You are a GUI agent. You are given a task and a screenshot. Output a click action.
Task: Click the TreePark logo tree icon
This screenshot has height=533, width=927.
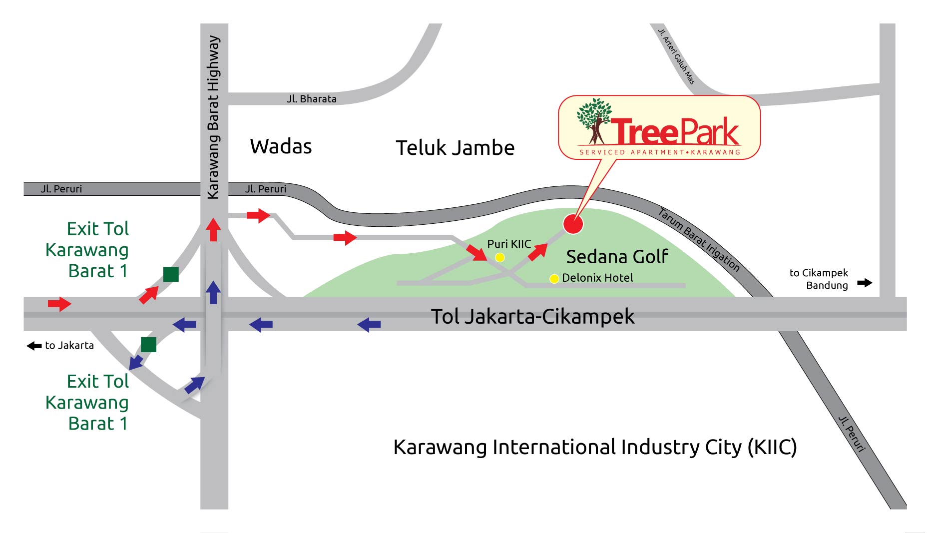tap(594, 120)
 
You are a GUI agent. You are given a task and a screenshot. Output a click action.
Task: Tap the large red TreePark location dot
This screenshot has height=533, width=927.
tap(573, 224)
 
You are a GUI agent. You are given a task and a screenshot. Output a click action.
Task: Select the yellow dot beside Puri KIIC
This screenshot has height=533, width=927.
tap(499, 257)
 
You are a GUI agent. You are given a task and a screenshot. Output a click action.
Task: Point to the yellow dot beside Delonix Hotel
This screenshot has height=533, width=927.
tap(554, 279)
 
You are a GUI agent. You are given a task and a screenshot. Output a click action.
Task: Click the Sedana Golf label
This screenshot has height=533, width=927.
tap(617, 257)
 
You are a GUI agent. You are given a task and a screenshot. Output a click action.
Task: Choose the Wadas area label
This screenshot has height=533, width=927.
tap(281, 147)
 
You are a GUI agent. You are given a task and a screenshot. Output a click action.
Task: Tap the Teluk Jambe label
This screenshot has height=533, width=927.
tap(455, 148)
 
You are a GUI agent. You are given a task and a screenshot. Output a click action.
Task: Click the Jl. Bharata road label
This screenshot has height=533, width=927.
tap(312, 99)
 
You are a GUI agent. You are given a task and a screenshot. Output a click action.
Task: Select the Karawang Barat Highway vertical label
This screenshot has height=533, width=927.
tap(214, 117)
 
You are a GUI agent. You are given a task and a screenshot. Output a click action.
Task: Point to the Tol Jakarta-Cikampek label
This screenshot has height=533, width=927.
tap(532, 317)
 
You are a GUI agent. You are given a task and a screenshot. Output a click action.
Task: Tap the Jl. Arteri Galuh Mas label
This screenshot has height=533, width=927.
tap(676, 56)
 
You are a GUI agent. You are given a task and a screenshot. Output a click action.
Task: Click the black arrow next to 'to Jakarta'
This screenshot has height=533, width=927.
tap(34, 346)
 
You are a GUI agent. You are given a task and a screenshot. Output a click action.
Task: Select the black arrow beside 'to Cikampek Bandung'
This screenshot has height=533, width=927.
tap(865, 283)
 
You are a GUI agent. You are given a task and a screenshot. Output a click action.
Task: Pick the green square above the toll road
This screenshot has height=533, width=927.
tap(171, 274)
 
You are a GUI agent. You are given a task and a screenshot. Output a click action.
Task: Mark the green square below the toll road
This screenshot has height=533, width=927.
tap(148, 345)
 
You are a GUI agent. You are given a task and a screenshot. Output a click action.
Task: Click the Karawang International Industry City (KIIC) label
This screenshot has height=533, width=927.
tap(594, 447)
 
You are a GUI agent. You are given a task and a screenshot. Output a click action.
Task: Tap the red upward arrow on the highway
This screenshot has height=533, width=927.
tap(213, 229)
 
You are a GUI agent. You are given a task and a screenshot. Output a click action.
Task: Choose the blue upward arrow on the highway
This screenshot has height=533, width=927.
tap(213, 292)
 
